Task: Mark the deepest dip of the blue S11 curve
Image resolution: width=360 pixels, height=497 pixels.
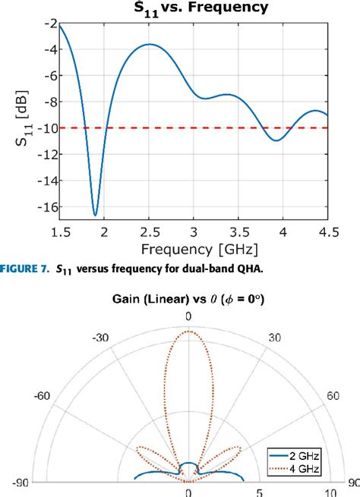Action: pyautogui.click(x=96, y=215)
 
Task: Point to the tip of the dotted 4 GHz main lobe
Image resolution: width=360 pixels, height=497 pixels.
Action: pyautogui.click(x=188, y=332)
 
